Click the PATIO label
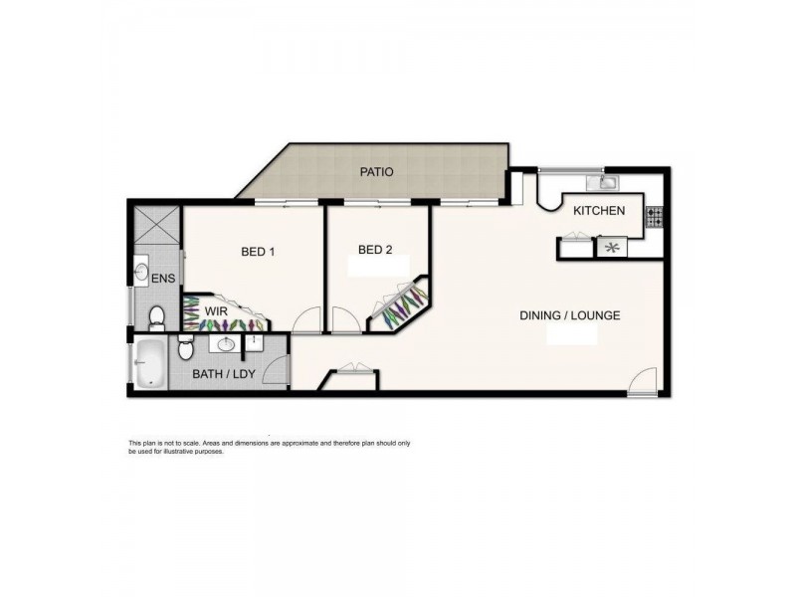[x=376, y=172]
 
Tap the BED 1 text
[x=258, y=252]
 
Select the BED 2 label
[x=375, y=250]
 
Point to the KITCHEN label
[x=599, y=210]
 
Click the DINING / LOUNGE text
[x=570, y=315]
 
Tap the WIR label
[x=217, y=311]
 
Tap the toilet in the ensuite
[x=156, y=317]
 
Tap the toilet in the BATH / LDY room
[x=186, y=350]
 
